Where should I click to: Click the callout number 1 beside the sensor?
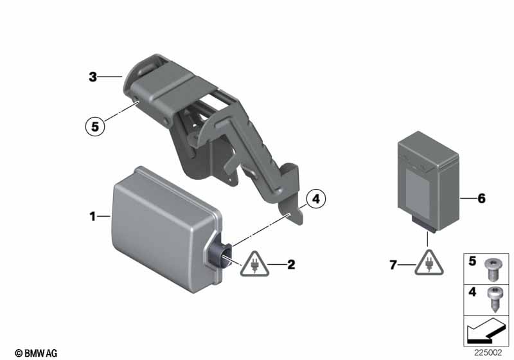(93, 217)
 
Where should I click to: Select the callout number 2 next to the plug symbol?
(291, 265)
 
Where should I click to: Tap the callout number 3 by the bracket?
(93, 77)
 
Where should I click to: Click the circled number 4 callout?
(316, 199)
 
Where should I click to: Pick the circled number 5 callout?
(95, 126)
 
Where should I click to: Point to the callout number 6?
(481, 199)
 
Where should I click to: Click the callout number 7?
(393, 265)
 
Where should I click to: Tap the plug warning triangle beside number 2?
(254, 264)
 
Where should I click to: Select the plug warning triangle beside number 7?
(429, 263)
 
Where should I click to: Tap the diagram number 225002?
(488, 353)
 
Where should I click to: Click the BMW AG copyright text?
(36, 353)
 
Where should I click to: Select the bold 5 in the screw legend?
(472, 261)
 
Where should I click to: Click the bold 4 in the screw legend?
(472, 292)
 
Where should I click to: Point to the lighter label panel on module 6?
(418, 193)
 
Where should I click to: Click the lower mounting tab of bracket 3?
(291, 210)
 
